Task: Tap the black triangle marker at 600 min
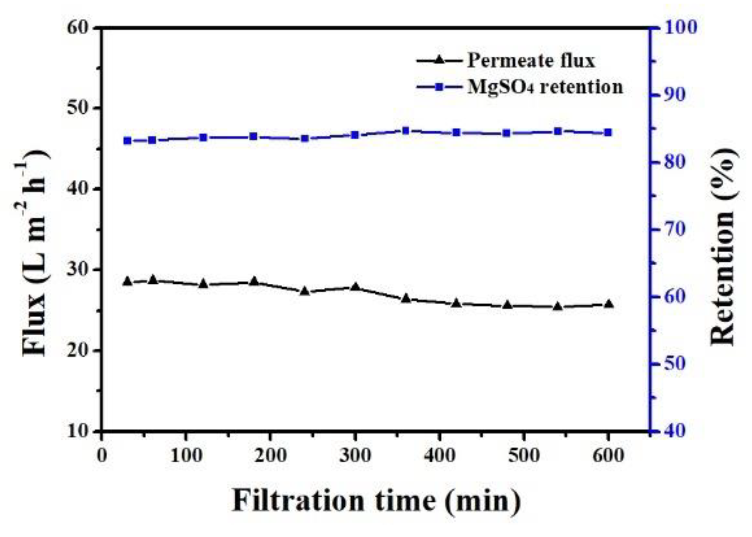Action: (x=608, y=304)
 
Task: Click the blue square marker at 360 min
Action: (x=406, y=130)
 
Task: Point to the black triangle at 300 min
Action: (x=355, y=287)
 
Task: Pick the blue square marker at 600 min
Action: (x=608, y=132)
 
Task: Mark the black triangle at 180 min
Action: (x=254, y=281)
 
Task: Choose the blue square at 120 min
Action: (x=203, y=138)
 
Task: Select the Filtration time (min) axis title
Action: (x=376, y=501)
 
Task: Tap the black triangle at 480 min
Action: (x=507, y=305)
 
